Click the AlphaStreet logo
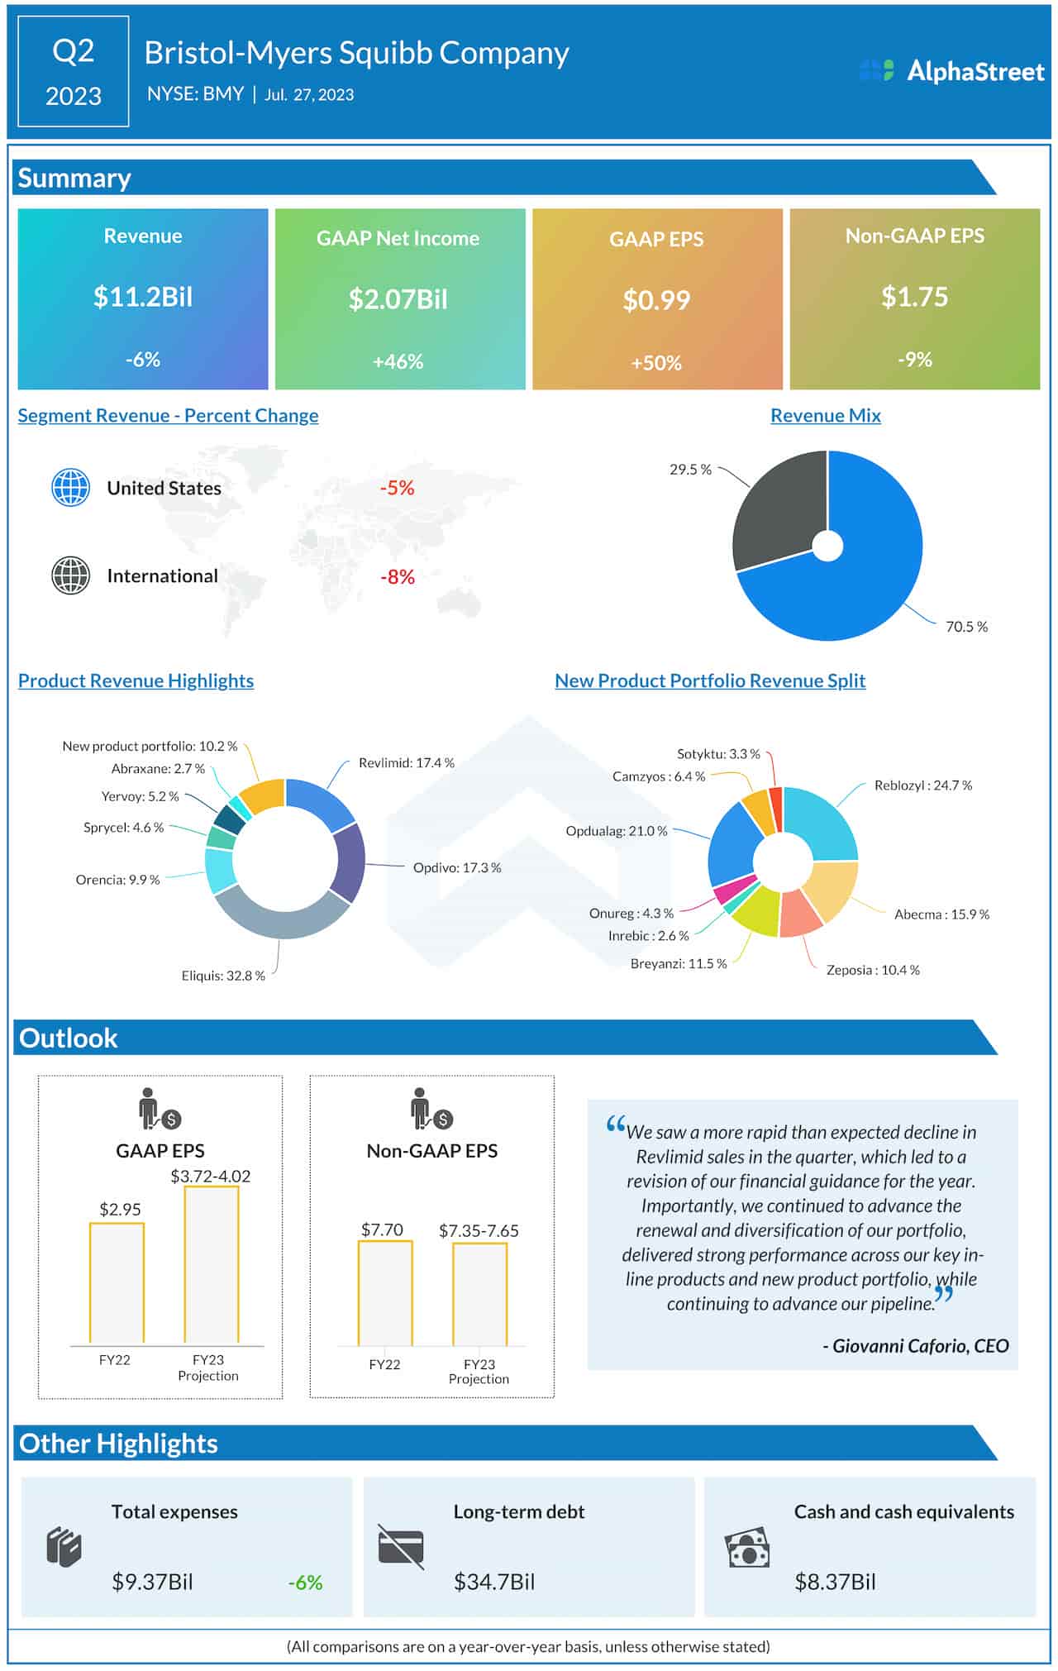click(951, 71)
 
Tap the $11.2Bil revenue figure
click(143, 296)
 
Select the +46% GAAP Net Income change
click(398, 361)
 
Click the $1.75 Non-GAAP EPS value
click(914, 296)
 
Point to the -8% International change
click(397, 576)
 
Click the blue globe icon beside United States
click(71, 488)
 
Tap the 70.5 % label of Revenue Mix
click(966, 627)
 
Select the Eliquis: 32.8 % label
click(223, 976)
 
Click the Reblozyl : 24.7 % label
click(922, 785)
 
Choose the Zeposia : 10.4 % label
click(873, 970)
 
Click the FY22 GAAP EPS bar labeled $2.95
click(117, 1282)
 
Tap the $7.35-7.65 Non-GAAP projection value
click(479, 1230)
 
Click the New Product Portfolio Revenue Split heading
click(710, 680)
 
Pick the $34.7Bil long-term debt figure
click(494, 1582)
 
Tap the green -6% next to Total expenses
click(305, 1583)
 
